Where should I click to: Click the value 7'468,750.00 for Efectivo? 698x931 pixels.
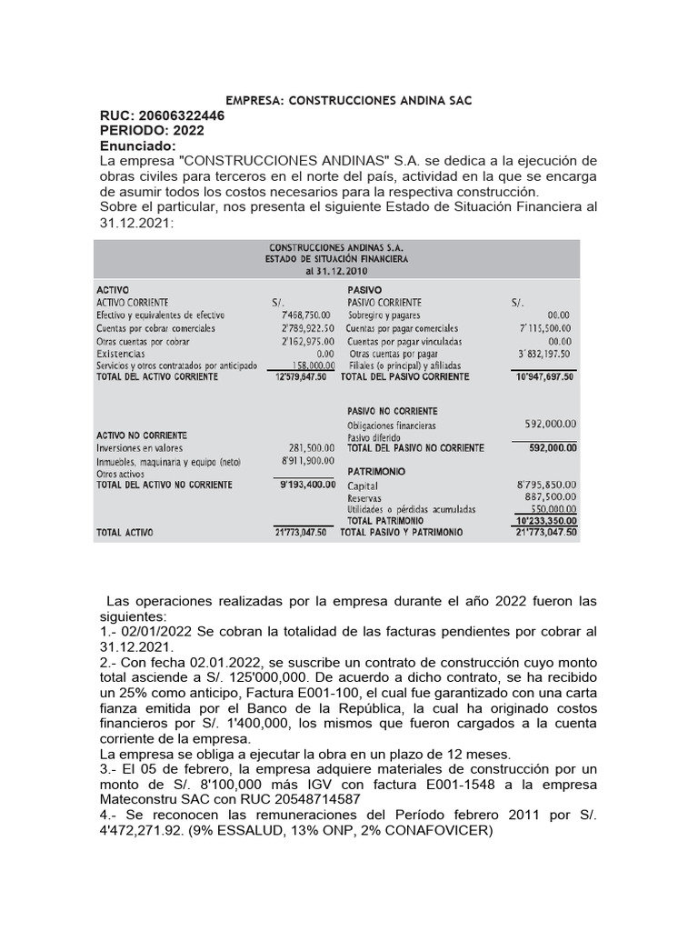click(303, 315)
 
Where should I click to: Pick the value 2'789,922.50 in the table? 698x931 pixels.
click(303, 327)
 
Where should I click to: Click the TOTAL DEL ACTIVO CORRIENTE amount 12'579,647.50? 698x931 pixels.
click(299, 375)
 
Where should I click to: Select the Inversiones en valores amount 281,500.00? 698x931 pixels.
click(305, 448)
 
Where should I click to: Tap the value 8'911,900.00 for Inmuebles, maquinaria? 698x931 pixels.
click(304, 461)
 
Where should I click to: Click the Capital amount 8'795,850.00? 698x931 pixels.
click(546, 486)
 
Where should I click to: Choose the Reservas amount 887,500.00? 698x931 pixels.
click(551, 498)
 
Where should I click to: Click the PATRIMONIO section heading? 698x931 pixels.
click(376, 472)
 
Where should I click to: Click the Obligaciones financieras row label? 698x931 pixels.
click(392, 425)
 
